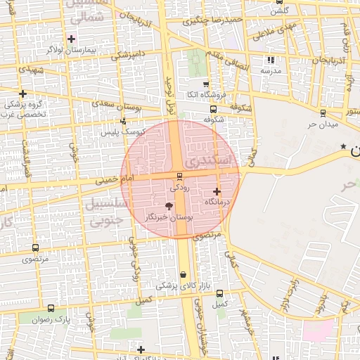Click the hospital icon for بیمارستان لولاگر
coord(71,38)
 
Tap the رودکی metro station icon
coord(180,176)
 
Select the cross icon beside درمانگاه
coord(217,191)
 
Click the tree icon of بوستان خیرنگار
coord(168,206)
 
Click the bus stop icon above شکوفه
coord(213,109)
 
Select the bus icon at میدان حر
coord(323,112)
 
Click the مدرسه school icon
coord(271,60)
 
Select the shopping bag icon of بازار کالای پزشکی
coord(184,275)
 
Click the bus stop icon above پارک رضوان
coord(51,308)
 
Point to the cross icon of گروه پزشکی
coord(23,94)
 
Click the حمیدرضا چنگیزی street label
coord(212,20)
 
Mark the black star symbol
coord(343,146)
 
